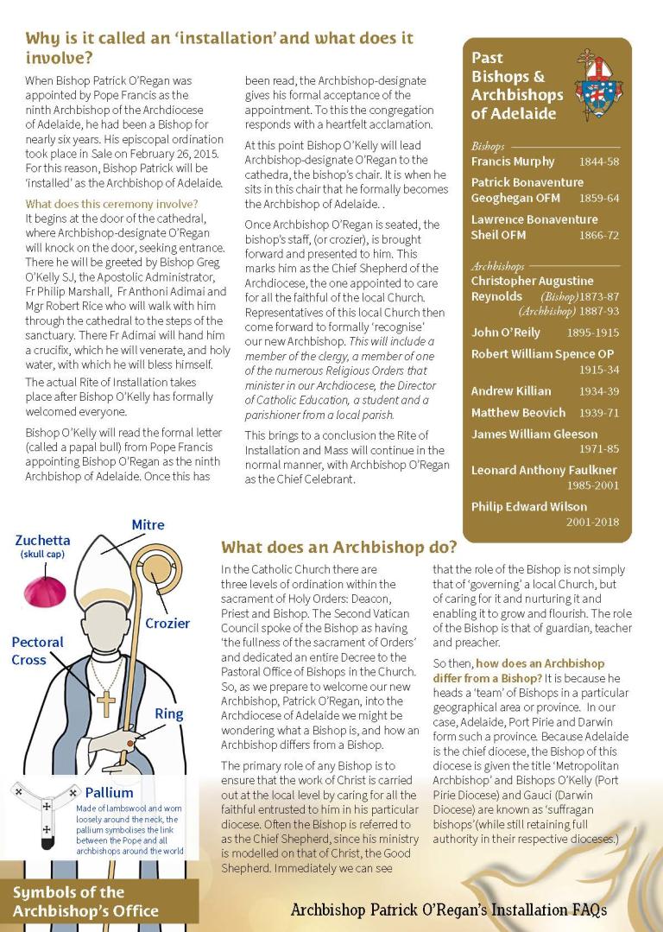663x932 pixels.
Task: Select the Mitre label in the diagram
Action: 148,524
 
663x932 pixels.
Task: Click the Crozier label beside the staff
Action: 167,623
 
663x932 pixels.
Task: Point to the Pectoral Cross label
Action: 37,650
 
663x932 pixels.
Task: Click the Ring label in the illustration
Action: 169,713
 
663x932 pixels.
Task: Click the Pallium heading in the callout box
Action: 109,792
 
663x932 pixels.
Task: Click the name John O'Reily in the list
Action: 506,332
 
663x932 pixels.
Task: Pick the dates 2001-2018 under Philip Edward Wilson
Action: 593,522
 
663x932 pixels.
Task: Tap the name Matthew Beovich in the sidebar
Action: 518,413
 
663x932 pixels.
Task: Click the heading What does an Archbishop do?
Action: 338,547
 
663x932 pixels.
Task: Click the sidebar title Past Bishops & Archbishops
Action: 516,86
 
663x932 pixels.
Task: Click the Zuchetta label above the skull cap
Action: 43,541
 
